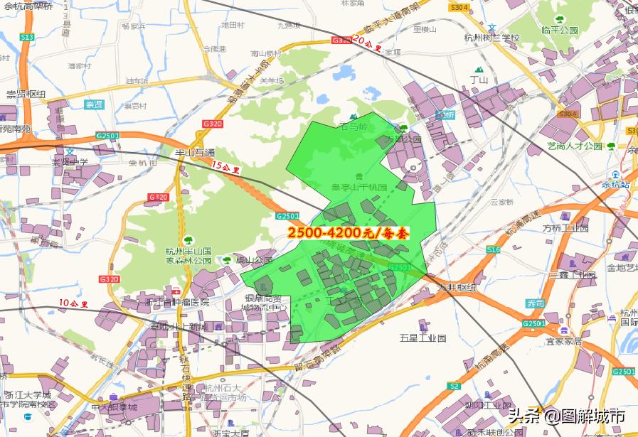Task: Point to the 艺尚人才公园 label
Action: tap(575, 146)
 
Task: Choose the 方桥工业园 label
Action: tap(566, 229)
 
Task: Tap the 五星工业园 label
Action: tap(422, 338)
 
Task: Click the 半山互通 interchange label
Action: tap(195, 152)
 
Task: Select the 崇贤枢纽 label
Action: tap(26, 94)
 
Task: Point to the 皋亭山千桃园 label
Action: tap(358, 188)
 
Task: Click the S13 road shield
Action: tap(27, 36)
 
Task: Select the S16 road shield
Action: tap(493, 250)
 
